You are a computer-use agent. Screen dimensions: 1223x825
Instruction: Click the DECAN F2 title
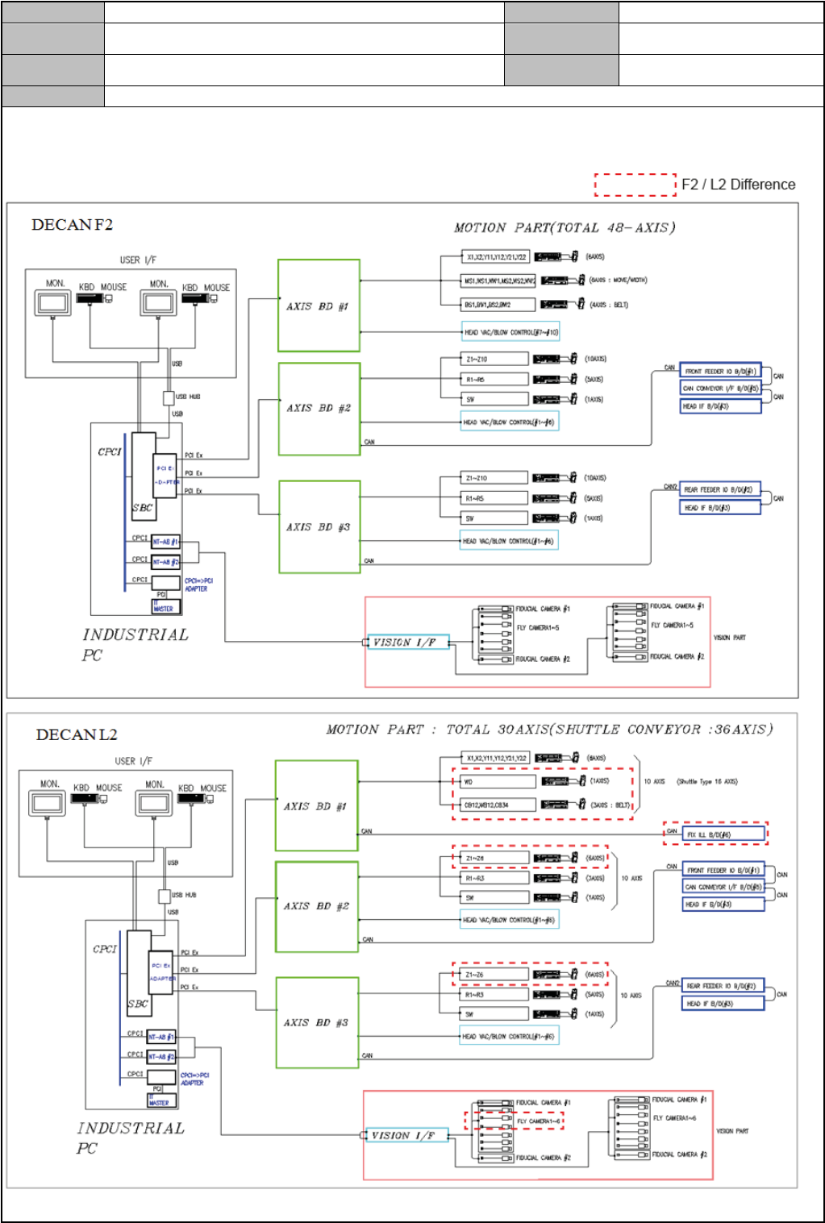72,225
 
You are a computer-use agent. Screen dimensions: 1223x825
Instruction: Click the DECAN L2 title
77,735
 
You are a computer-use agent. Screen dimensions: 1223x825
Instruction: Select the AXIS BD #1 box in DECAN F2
319,306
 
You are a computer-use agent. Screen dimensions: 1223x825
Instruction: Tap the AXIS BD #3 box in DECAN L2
316,1022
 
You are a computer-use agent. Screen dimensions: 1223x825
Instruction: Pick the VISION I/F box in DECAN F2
407,643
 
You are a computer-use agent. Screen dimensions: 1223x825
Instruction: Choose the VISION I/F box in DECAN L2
406,1135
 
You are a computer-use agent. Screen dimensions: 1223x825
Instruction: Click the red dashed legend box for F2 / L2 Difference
635,185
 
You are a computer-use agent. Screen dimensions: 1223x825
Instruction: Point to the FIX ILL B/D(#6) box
723,834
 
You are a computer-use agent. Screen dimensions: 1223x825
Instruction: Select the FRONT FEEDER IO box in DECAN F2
720,372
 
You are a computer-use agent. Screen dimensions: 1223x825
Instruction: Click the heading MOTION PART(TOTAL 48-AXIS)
565,228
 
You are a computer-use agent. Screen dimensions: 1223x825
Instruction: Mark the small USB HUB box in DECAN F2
169,397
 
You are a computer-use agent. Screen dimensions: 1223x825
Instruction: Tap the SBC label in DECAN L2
138,1004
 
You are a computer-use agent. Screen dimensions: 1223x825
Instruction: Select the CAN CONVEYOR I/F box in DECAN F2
720,389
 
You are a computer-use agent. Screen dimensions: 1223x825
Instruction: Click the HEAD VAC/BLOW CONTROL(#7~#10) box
510,332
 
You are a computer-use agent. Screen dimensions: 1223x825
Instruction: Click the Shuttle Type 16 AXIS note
707,781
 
